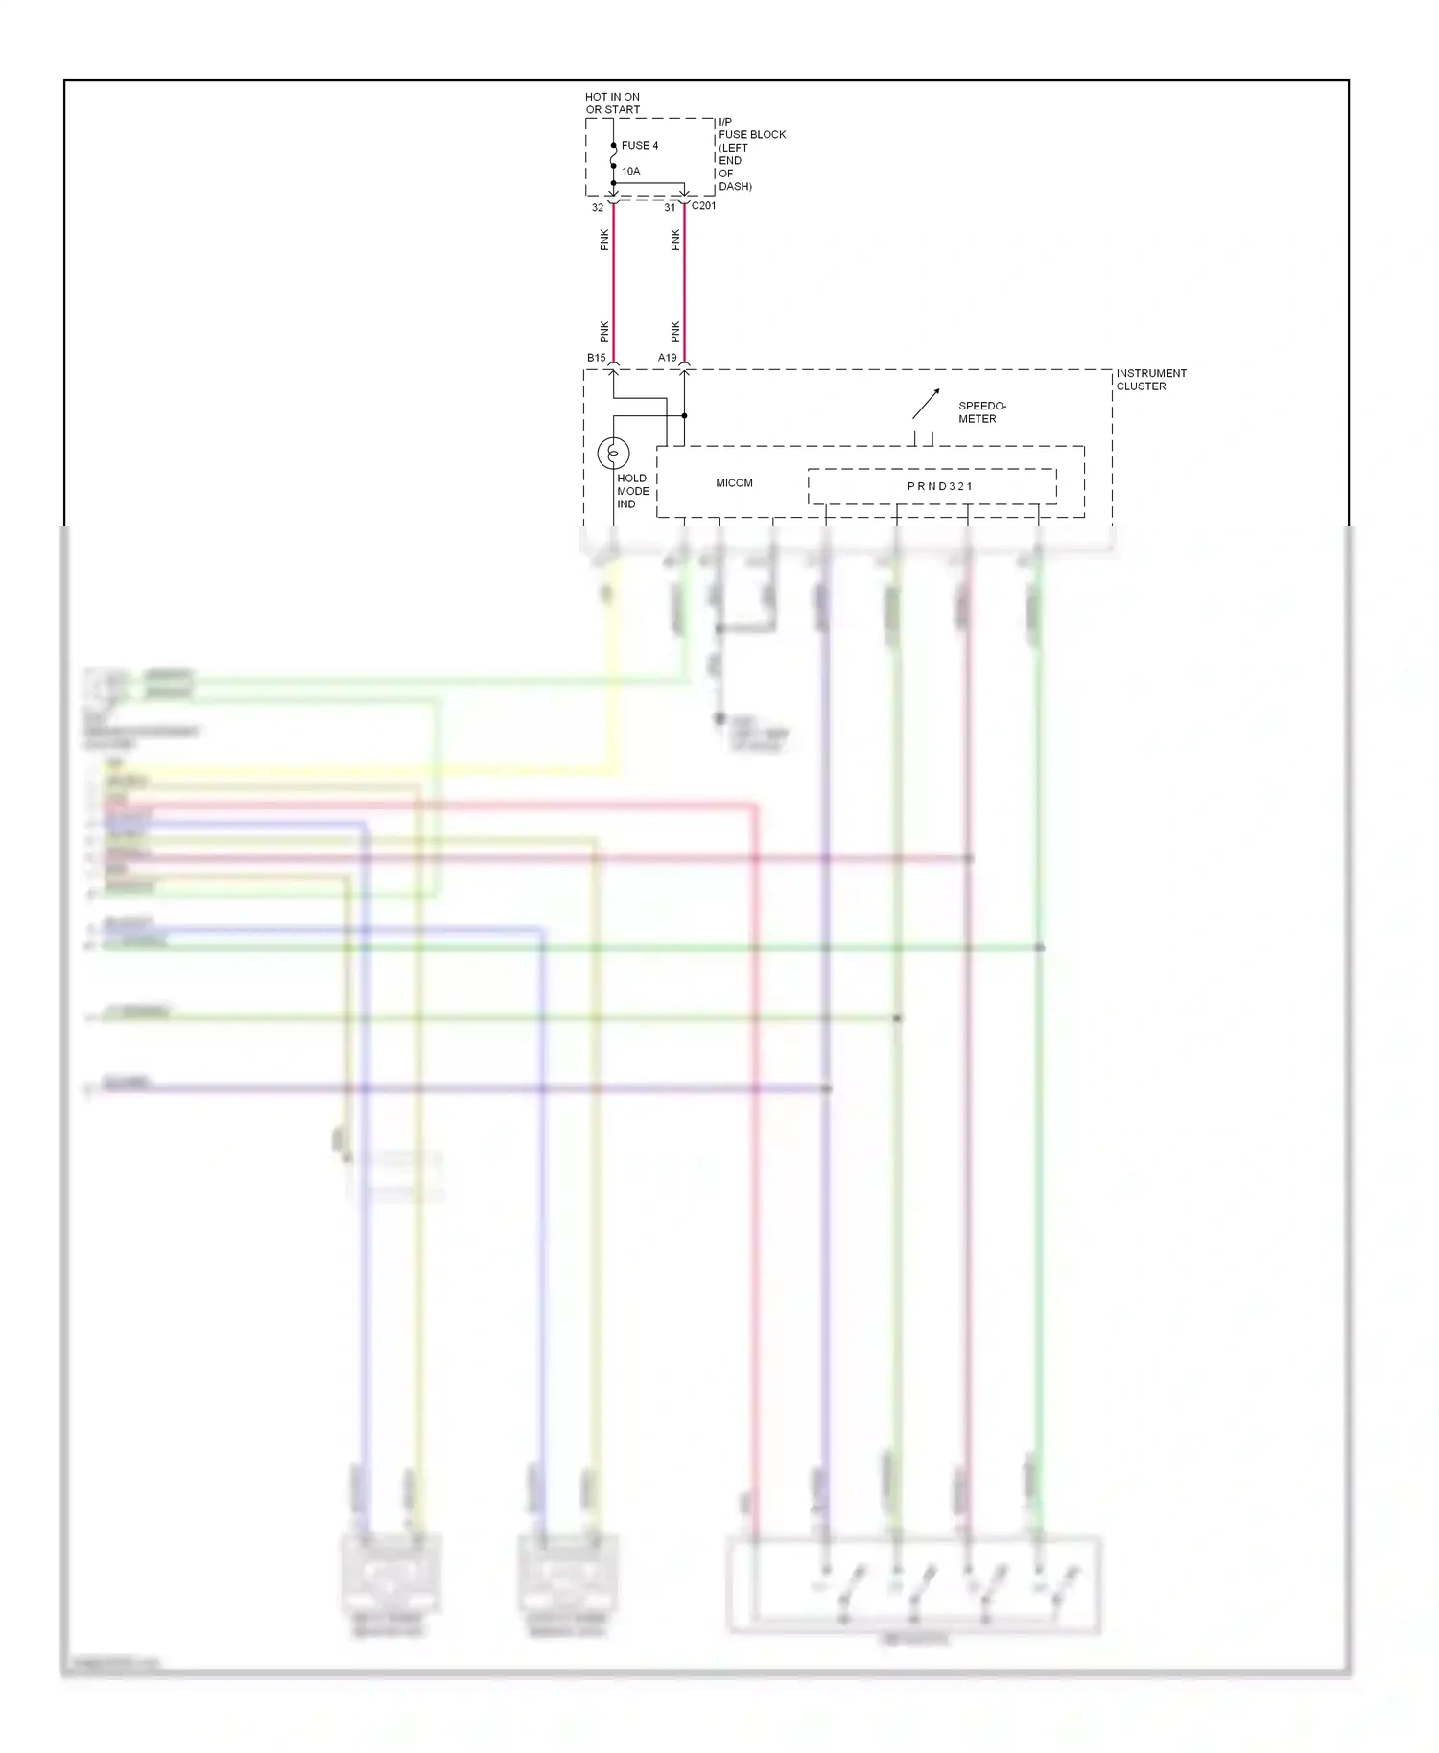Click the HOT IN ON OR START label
pyautogui.click(x=612, y=104)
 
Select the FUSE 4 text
pyautogui.click(x=640, y=146)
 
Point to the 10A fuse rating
pyautogui.click(x=630, y=172)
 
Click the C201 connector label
pyautogui.click(x=703, y=206)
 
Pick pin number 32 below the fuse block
pyautogui.click(x=598, y=208)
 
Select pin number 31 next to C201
pyautogui.click(x=670, y=208)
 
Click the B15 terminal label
pyautogui.click(x=597, y=358)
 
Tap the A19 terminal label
pyautogui.click(x=668, y=358)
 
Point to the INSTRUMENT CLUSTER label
pyautogui.click(x=1150, y=380)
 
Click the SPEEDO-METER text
pyautogui.click(x=981, y=412)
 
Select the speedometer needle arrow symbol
pyautogui.click(x=926, y=404)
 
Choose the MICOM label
pyautogui.click(x=734, y=483)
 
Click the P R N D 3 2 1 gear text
pyautogui.click(x=940, y=487)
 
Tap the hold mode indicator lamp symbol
pyautogui.click(x=613, y=453)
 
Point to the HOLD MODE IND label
pyautogui.click(x=632, y=491)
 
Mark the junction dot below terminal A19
pyautogui.click(x=684, y=416)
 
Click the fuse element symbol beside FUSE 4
pyautogui.click(x=614, y=155)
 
